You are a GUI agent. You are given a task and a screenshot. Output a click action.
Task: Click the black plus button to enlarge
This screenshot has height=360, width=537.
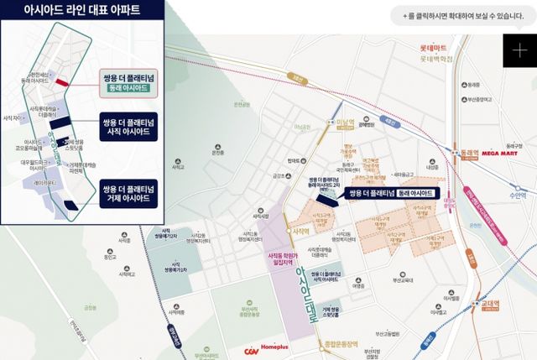click(519, 50)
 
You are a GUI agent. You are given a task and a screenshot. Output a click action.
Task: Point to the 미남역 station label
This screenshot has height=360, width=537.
click(347, 122)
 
